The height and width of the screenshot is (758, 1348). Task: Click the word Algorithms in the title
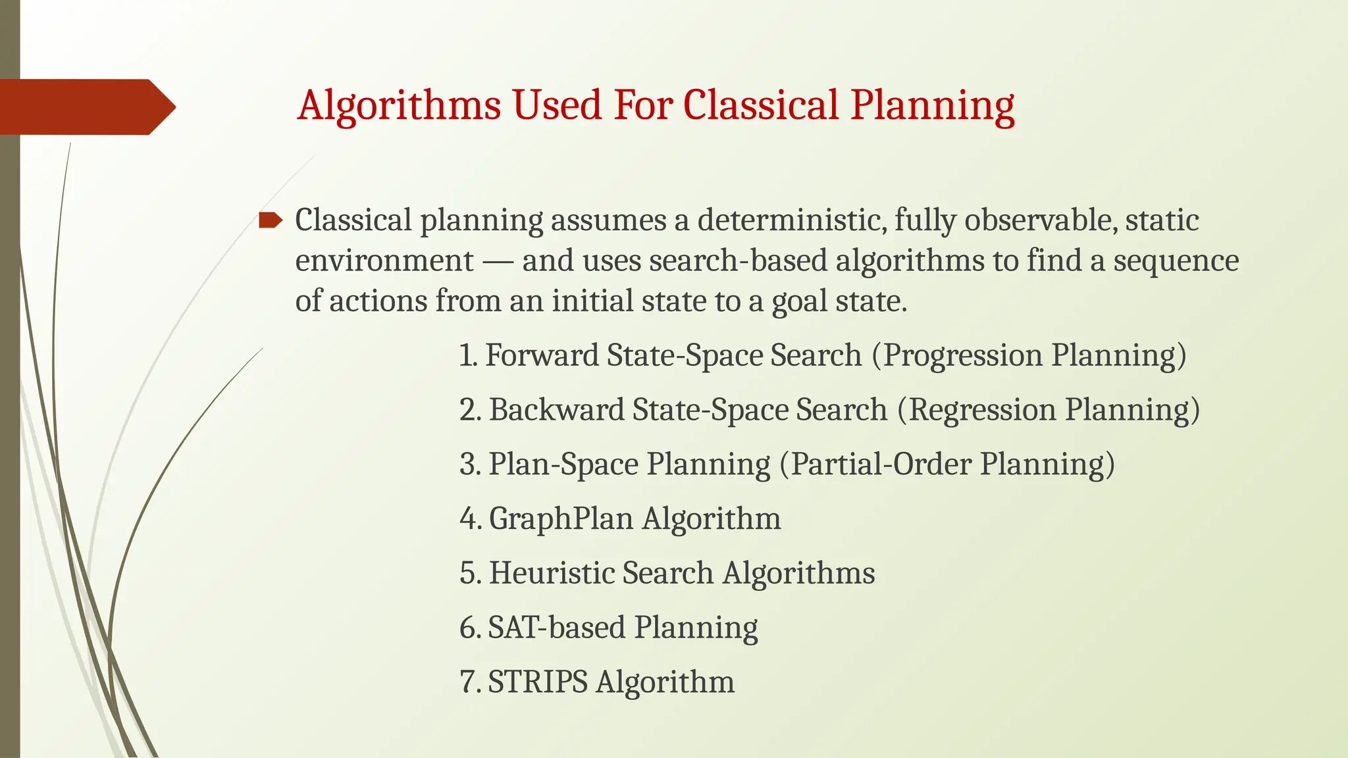(x=398, y=105)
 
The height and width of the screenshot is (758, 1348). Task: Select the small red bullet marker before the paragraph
(x=270, y=220)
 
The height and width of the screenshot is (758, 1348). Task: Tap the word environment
(x=384, y=261)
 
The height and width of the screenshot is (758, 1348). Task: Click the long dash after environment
(x=498, y=262)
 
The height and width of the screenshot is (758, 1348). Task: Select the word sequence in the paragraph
(x=1176, y=261)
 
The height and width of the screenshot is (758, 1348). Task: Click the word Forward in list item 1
(x=541, y=355)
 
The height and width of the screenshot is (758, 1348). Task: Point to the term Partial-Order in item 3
(x=881, y=465)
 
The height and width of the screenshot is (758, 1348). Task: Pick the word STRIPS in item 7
(x=537, y=682)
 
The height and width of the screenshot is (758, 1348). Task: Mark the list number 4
(x=469, y=518)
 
